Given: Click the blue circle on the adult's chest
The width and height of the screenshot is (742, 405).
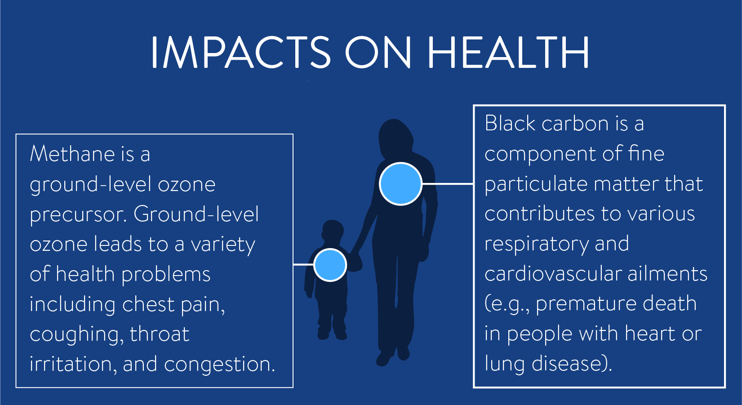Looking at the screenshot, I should (400, 184).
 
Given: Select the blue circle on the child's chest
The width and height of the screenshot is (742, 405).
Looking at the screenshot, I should (330, 265).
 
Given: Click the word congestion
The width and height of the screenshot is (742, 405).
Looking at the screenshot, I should (219, 365).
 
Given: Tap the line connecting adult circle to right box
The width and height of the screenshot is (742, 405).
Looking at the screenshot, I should (448, 184).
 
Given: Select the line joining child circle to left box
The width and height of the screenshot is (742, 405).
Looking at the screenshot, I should (303, 265).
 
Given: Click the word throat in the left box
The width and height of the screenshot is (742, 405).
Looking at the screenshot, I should (160, 334).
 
